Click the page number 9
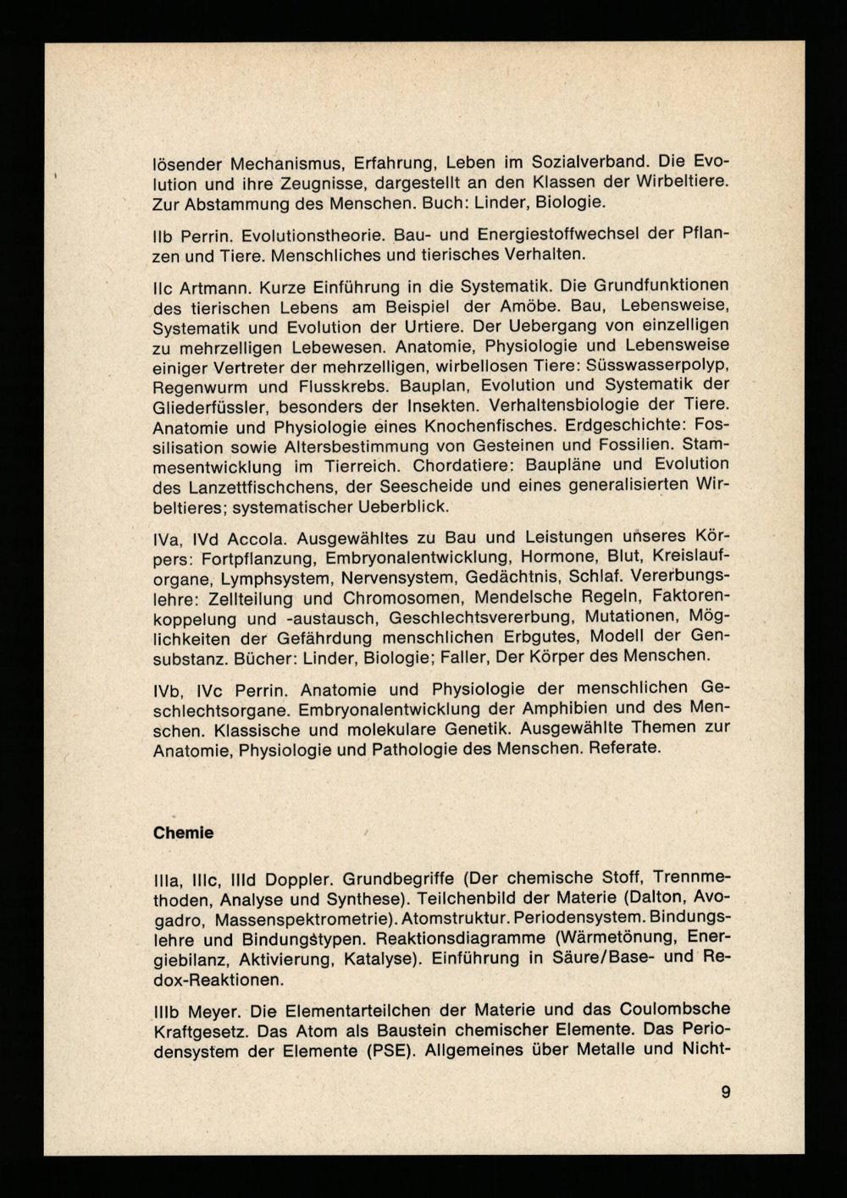tap(726, 1092)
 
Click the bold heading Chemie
tap(183, 833)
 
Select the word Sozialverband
tap(592, 162)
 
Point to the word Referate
tap(624, 748)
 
